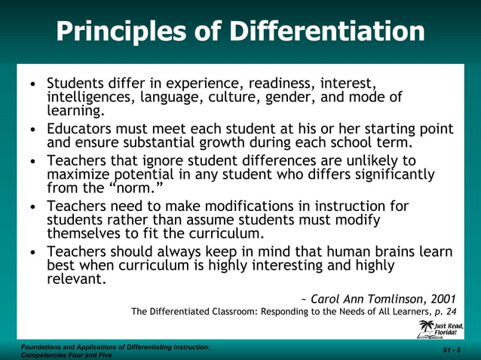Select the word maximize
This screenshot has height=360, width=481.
pyautogui.click(x=80, y=175)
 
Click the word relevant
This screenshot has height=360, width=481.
pyautogui.click(x=75, y=279)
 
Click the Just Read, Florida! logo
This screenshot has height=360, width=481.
pyautogui.click(x=442, y=329)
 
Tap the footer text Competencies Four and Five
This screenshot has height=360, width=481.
pyautogui.click(x=57, y=355)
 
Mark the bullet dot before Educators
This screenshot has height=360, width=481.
pyautogui.click(x=32, y=130)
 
